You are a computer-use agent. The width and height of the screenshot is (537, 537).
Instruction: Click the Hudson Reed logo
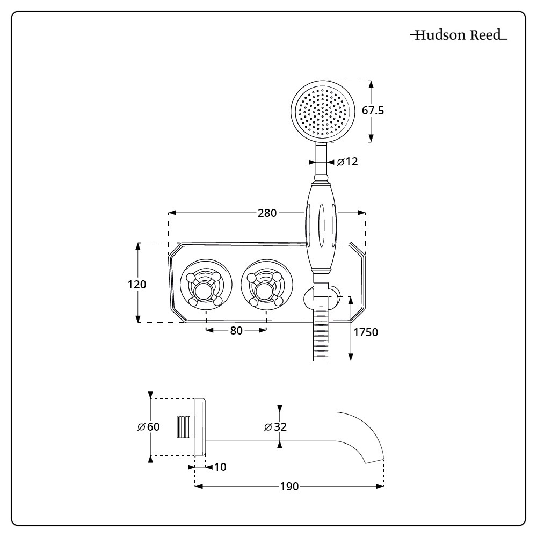[458, 36]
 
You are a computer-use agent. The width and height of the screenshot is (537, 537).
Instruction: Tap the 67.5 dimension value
[373, 111]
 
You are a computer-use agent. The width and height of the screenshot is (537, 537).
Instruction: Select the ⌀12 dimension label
[347, 162]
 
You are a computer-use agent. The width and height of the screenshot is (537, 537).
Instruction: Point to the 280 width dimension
[267, 213]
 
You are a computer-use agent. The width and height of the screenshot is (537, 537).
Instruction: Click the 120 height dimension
[137, 284]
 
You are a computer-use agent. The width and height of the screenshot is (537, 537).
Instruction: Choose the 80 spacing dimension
[236, 330]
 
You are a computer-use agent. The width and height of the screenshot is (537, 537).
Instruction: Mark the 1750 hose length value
[366, 332]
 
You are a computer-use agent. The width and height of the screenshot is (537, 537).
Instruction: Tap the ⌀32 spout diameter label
[275, 427]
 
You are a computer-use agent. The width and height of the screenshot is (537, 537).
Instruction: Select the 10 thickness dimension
[220, 467]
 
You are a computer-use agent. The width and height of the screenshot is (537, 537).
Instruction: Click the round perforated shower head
[323, 111]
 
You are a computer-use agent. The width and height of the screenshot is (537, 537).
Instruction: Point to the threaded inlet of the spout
[185, 427]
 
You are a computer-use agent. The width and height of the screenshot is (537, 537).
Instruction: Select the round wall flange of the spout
[200, 427]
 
